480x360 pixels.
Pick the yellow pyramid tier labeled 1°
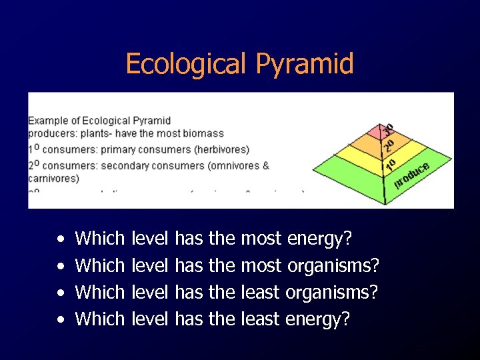386,164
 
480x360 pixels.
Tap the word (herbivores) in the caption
219,150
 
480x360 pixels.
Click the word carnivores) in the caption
53,178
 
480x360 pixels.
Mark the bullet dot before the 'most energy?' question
61,239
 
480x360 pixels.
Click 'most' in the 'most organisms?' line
261,265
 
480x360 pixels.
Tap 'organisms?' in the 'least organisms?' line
332,293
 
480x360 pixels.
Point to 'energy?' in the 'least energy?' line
317,319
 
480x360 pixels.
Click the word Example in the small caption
47,121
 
